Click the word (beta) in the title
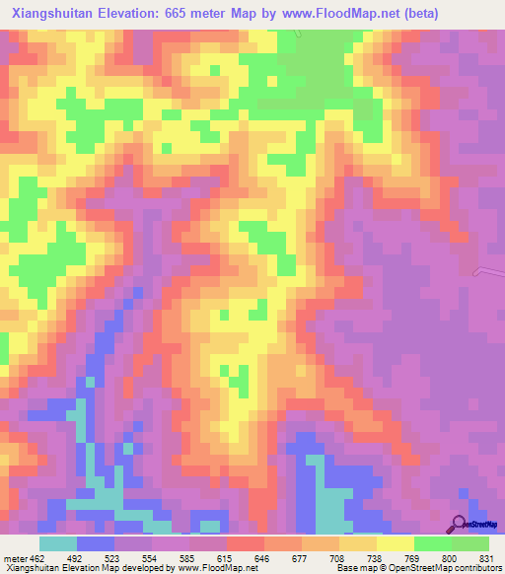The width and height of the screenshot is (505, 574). click(x=417, y=14)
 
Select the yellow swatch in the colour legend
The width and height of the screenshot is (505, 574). click(x=395, y=543)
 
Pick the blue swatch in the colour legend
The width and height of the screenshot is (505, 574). click(x=96, y=543)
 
